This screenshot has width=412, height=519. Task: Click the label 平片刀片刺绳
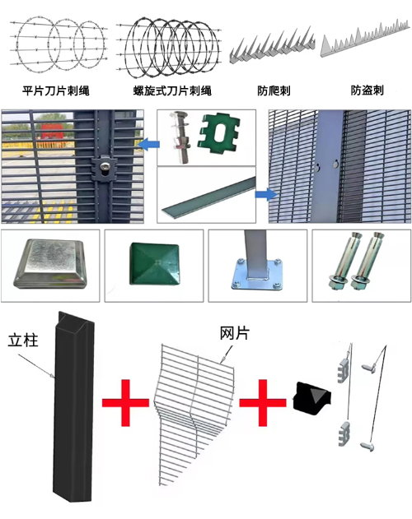(56, 90)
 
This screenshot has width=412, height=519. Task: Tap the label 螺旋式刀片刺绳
(172, 90)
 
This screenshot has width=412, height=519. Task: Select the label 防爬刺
(274, 90)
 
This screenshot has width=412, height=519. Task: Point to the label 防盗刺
(368, 90)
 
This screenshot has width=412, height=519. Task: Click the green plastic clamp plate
(218, 133)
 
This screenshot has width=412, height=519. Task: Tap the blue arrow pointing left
(148, 144)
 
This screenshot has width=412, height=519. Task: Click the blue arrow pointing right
(266, 194)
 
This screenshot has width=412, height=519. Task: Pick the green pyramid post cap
(154, 264)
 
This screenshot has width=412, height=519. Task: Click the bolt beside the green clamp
(180, 137)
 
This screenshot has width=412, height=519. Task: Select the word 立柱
(23, 341)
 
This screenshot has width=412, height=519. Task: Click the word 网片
(234, 333)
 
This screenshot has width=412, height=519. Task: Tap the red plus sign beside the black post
(125, 402)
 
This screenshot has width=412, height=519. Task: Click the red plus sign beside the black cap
(262, 402)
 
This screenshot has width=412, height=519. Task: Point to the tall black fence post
(73, 406)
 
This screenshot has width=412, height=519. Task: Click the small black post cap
(312, 397)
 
